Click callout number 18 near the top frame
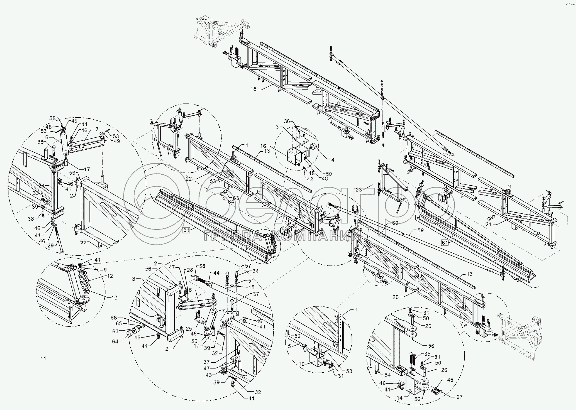click(253, 89)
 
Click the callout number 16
click(263, 146)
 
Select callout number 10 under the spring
click(114, 298)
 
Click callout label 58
click(202, 266)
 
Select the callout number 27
click(460, 397)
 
